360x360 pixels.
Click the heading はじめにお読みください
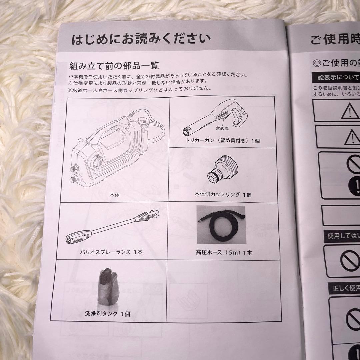pos(141,39)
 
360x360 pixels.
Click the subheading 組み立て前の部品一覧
pos(114,65)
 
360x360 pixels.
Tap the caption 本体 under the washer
pos(114,195)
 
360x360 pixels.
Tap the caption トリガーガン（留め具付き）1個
pos(223,141)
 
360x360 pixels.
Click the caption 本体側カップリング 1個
pos(223,195)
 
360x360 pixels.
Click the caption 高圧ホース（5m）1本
pos(224,252)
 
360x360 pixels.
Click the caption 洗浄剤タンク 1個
pos(107,314)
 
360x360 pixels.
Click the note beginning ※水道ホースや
pos(140,89)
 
